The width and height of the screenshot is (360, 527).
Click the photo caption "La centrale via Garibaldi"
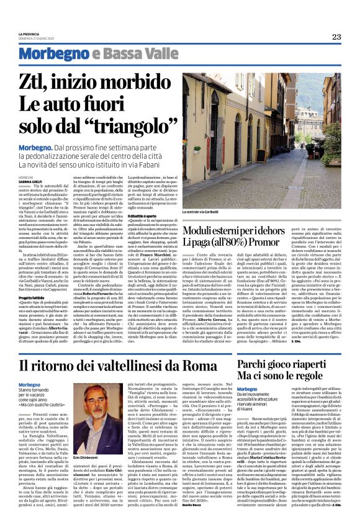coord(202,213)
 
